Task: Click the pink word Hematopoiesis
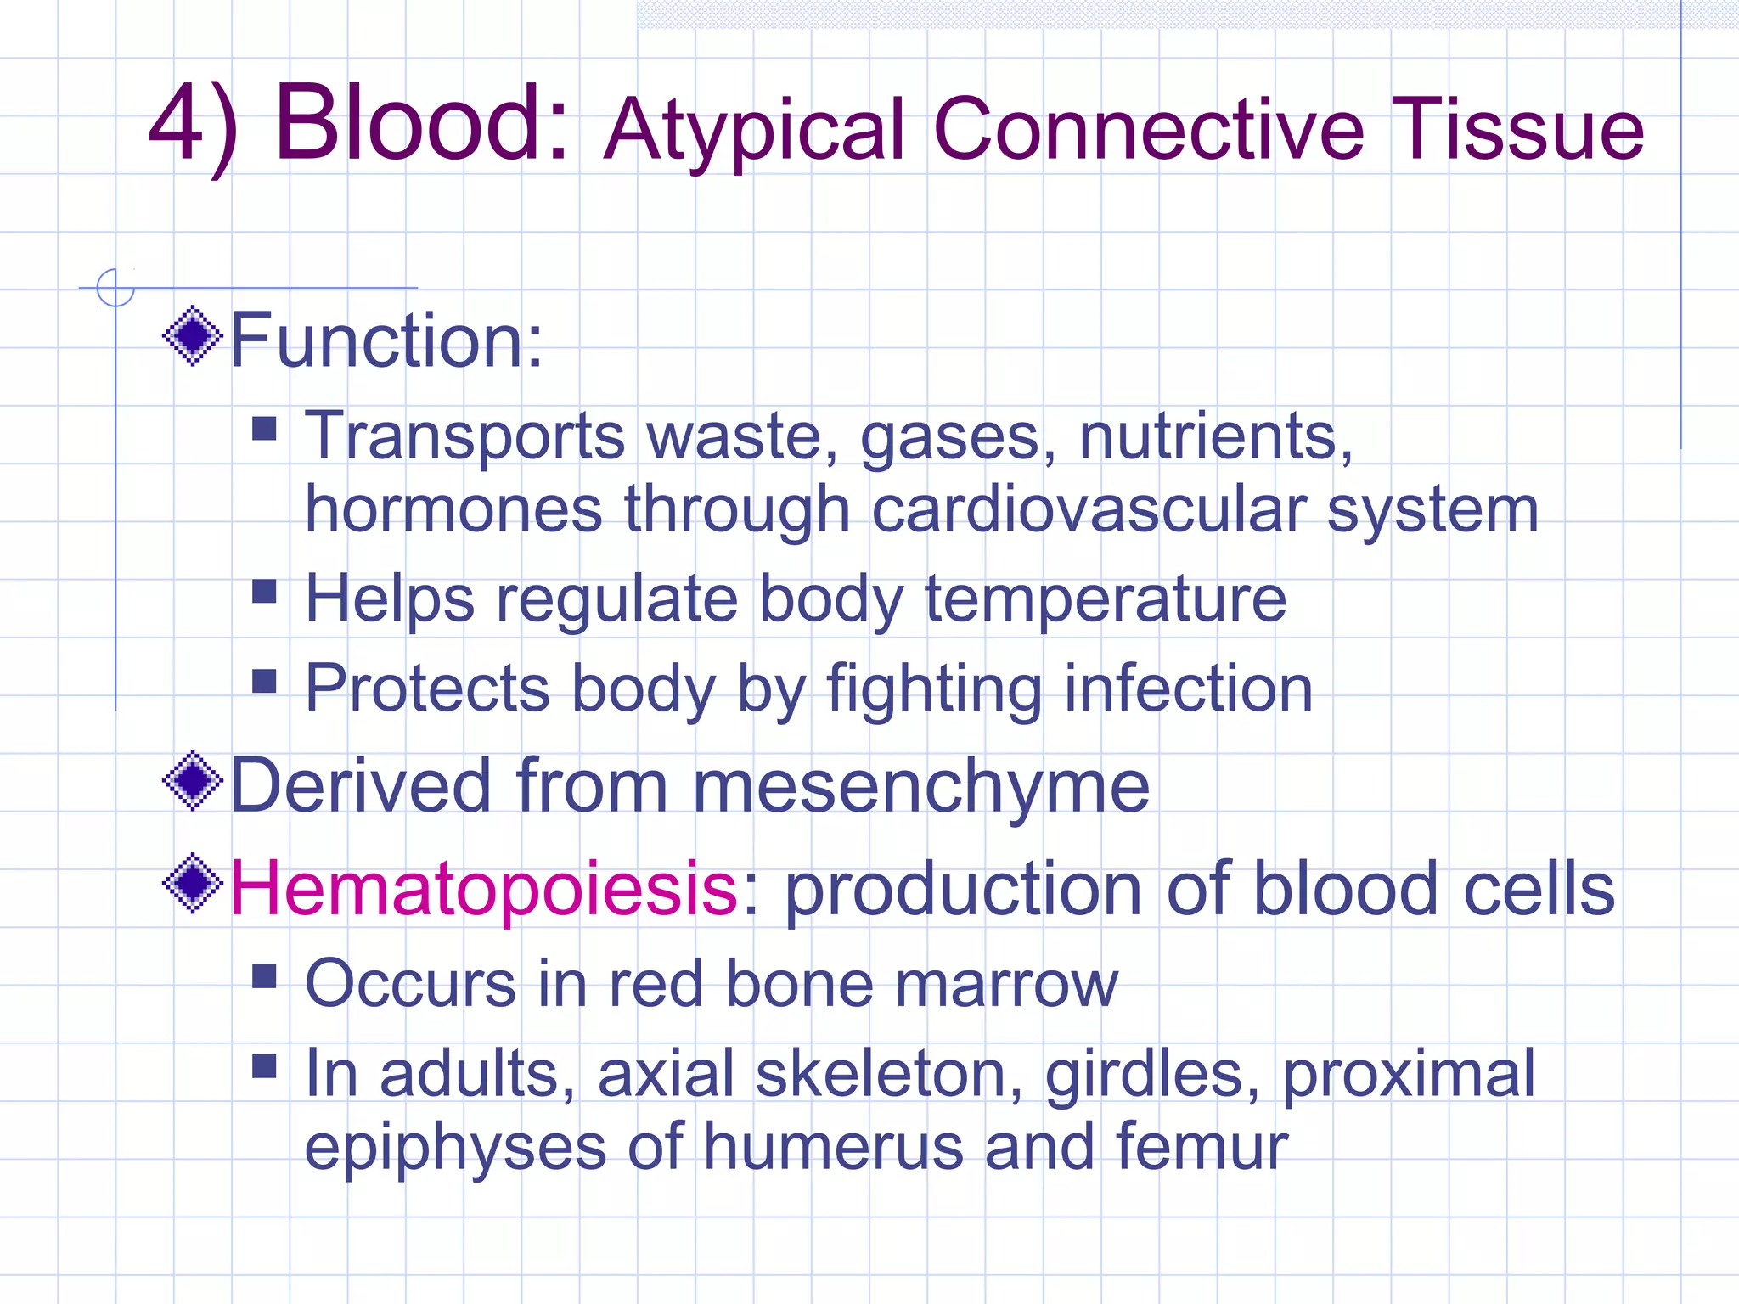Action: click(483, 889)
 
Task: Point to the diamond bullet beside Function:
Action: click(193, 336)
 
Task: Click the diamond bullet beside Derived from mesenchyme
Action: click(193, 781)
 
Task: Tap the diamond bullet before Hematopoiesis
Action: click(193, 884)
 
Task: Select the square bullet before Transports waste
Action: click(265, 427)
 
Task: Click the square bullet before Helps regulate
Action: click(265, 591)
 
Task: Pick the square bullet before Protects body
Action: click(265, 681)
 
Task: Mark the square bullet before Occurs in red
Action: click(265, 976)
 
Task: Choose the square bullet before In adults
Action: click(265, 1066)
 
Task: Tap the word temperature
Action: click(1105, 599)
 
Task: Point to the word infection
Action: click(1188, 689)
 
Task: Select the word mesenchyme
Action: click(920, 787)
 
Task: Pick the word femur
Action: click(1202, 1147)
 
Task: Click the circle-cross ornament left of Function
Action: click(115, 288)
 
